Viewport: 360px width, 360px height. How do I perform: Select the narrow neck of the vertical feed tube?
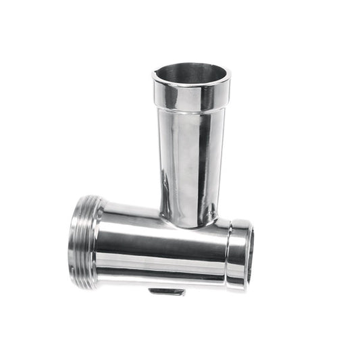click(191, 169)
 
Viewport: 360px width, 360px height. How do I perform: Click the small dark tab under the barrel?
click(168, 292)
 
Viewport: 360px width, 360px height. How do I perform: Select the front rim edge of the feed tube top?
click(191, 83)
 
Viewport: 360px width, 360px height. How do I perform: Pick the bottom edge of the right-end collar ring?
click(236, 288)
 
